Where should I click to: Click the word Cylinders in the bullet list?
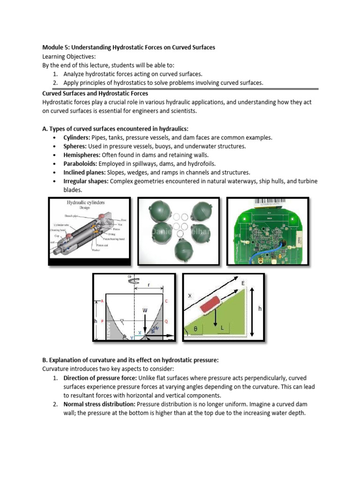pos(77,137)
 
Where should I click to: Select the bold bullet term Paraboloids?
pos(81,164)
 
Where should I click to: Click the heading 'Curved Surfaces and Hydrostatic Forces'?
pos(95,94)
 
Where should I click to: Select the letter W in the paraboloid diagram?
pos(145,310)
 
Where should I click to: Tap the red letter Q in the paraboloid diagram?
pos(166,322)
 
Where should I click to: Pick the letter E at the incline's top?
pos(243,284)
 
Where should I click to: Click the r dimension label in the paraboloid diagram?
pos(149,285)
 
